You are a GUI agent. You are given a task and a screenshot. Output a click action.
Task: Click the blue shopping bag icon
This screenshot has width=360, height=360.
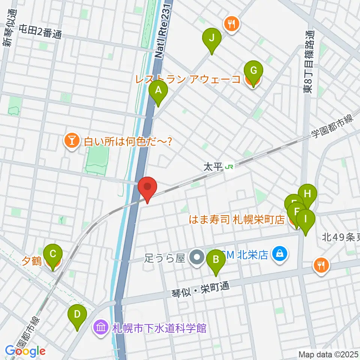279,255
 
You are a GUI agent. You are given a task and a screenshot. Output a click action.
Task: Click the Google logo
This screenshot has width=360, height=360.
25,351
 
